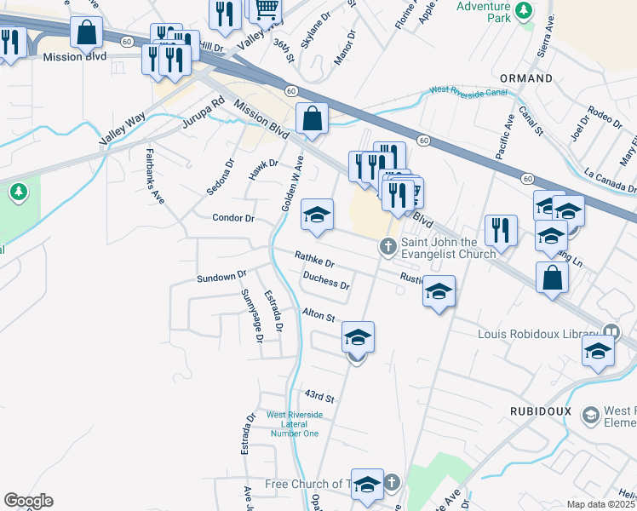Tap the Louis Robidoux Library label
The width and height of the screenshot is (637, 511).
(x=540, y=333)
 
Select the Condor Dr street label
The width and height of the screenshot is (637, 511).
(x=233, y=218)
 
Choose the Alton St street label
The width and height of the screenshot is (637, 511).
(x=318, y=316)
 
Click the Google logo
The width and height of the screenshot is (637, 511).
(x=28, y=501)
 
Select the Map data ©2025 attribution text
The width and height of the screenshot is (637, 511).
(x=601, y=504)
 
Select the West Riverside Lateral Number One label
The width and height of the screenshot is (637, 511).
(x=295, y=424)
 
